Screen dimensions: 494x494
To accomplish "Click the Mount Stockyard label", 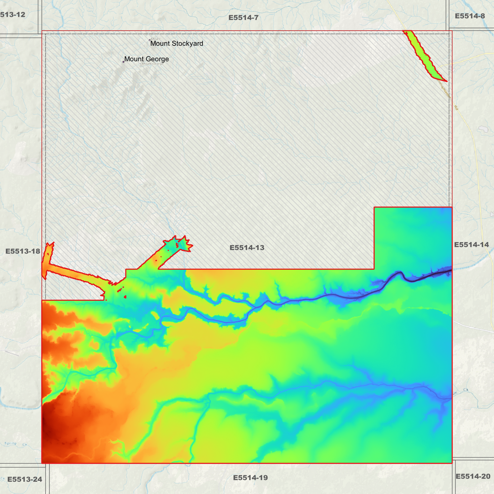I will point(176,43).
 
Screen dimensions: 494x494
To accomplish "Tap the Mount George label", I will point(146,59).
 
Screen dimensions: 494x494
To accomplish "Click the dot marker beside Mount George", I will point(123,62).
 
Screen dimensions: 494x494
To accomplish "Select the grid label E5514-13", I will point(247,248).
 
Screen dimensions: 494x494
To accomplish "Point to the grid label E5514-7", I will point(243,17).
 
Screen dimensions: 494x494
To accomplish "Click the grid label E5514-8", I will point(470,16).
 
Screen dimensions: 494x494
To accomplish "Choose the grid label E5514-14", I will point(471,244).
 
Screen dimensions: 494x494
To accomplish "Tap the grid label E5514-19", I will point(250,478).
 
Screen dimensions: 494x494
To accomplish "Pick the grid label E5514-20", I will point(473,476).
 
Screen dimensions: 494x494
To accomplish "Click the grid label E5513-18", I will point(23,251).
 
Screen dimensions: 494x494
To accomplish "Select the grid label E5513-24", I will point(25,479).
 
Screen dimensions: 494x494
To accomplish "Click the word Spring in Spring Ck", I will point(10,443).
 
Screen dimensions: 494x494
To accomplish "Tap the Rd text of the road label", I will point(456,107).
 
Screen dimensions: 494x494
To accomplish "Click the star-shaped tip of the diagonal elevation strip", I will point(185,243).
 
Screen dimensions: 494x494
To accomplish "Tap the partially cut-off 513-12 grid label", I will point(13,15).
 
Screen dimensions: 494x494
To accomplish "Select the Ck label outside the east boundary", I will point(465,390).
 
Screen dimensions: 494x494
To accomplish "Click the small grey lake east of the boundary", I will point(483,129).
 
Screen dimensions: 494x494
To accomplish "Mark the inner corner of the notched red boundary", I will point(374,269).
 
